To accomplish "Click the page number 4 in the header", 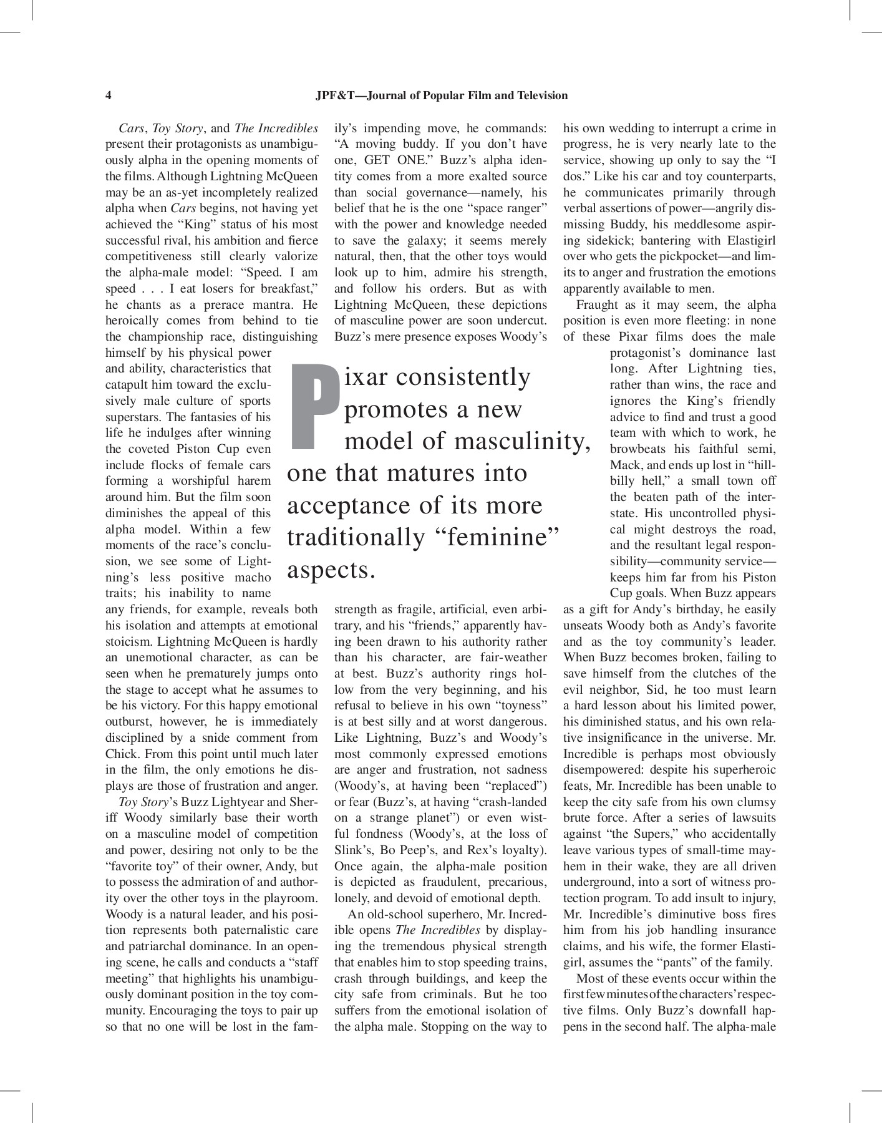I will [x=109, y=95].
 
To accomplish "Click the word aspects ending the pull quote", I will [x=331, y=570].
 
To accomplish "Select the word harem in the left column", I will [x=255, y=481].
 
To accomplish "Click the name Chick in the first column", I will [x=120, y=754].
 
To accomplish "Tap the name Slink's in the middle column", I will [x=354, y=850].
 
